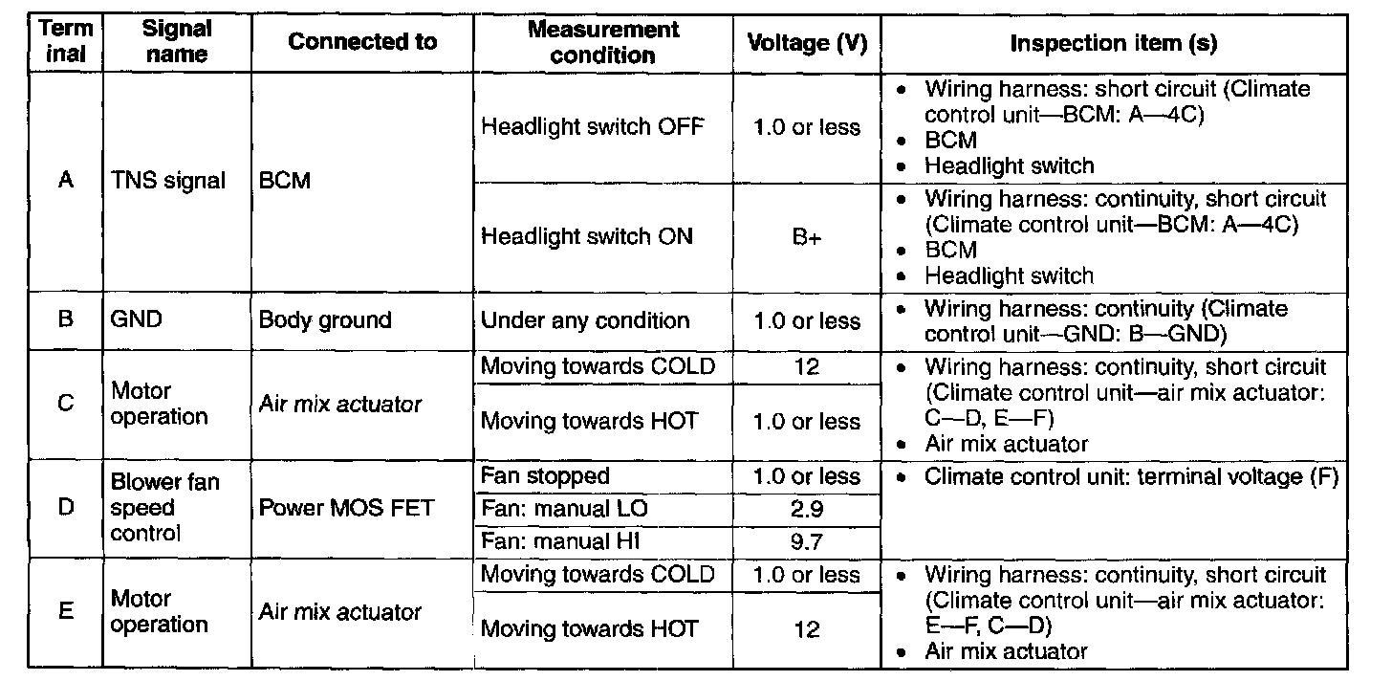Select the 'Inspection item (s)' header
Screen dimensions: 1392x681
tap(1114, 42)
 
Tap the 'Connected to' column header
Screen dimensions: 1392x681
tap(361, 42)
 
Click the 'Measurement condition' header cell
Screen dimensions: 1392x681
tap(602, 42)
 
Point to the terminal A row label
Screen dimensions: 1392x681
tap(66, 180)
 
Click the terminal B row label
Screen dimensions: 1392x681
tap(66, 320)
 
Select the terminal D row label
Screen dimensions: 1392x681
tap(66, 508)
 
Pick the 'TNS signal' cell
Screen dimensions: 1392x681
tap(168, 180)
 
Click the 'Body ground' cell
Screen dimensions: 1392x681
tap(325, 320)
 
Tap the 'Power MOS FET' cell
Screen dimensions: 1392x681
tap(346, 508)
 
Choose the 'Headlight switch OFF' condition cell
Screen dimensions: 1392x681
tap(592, 126)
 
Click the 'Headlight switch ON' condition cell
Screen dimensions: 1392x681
tap(586, 237)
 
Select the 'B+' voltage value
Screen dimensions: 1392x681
tap(806, 237)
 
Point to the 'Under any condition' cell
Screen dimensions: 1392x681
tap(584, 320)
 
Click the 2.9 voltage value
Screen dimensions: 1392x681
tap(806, 509)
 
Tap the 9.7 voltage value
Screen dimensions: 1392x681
tap(806, 541)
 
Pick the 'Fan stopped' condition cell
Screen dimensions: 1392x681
tap(545, 476)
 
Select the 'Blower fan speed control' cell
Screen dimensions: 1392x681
tap(164, 508)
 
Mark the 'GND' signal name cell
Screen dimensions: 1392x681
tap(137, 320)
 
